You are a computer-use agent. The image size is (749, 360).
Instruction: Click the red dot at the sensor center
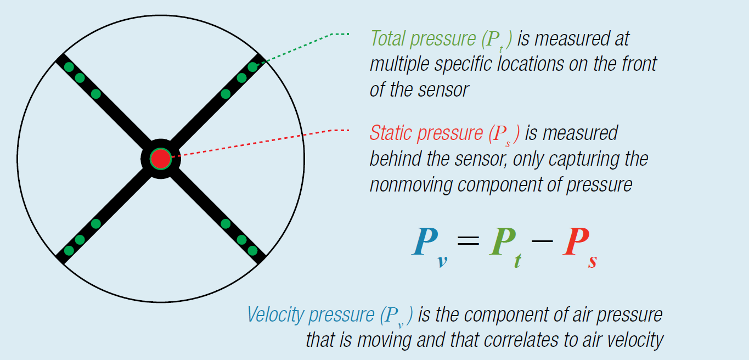pyautogui.click(x=160, y=159)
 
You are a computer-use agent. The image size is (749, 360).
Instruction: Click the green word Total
pyautogui.click(x=389, y=38)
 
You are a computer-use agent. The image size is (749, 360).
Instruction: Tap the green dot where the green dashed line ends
pyautogui.click(x=252, y=67)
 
